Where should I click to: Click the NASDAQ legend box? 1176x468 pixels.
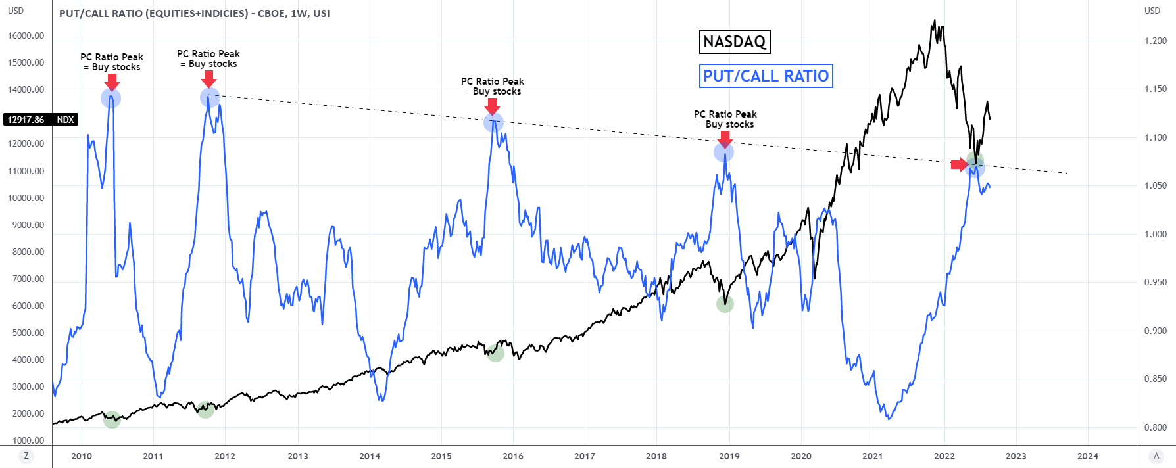pyautogui.click(x=734, y=42)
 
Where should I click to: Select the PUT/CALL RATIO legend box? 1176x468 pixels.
pyautogui.click(x=766, y=76)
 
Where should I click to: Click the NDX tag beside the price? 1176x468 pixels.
pyautogui.click(x=65, y=120)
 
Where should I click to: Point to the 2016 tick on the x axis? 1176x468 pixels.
pyautogui.click(x=513, y=456)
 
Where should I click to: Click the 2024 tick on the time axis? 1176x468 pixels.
pyautogui.click(x=1087, y=456)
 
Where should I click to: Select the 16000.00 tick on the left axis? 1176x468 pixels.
pyautogui.click(x=26, y=35)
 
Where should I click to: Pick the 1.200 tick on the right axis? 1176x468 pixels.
pyautogui.click(x=1156, y=41)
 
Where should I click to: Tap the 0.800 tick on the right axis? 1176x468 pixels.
pyautogui.click(x=1156, y=427)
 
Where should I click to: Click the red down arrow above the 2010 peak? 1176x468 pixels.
pyautogui.click(x=112, y=82)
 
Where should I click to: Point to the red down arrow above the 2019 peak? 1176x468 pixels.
pyautogui.click(x=725, y=139)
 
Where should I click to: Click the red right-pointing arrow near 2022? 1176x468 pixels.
pyautogui.click(x=960, y=164)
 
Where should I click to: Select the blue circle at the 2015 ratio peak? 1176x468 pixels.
pyautogui.click(x=493, y=122)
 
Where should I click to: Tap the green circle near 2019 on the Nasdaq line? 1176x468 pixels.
pyautogui.click(x=725, y=304)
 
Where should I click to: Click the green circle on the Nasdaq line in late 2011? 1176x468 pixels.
pyautogui.click(x=206, y=410)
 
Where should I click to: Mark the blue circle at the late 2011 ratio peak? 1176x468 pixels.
pyautogui.click(x=210, y=98)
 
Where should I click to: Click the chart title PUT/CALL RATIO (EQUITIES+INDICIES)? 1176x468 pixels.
pyautogui.click(x=194, y=13)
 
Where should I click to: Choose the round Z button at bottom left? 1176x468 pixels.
pyautogui.click(x=26, y=456)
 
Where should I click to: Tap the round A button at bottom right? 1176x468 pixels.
pyautogui.click(x=1156, y=456)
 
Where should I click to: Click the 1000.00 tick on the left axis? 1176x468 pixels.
pyautogui.click(x=28, y=440)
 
